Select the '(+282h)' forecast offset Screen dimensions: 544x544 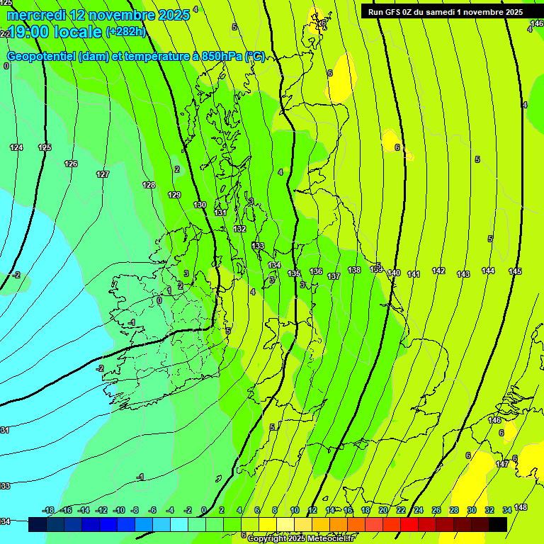(x=127, y=32)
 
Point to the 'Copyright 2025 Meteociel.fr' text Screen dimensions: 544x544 (x=300, y=539)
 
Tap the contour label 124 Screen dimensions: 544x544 (x=16, y=147)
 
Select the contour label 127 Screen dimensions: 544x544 (x=103, y=174)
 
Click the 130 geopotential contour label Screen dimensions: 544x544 (x=200, y=205)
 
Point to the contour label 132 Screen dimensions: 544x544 (x=240, y=229)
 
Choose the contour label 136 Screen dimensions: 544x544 (x=316, y=271)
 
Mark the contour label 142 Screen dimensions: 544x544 (x=438, y=271)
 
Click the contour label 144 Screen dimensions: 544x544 (x=488, y=271)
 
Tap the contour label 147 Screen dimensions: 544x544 (x=502, y=464)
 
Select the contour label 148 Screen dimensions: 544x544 (x=521, y=507)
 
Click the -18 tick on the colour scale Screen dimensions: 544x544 (x=48, y=510)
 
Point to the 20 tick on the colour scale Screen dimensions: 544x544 (x=383, y=510)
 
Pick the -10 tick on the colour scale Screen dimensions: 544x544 (x=119, y=510)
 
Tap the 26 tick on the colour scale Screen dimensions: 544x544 (x=436, y=510)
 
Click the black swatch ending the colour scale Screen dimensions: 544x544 (x=498, y=524)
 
